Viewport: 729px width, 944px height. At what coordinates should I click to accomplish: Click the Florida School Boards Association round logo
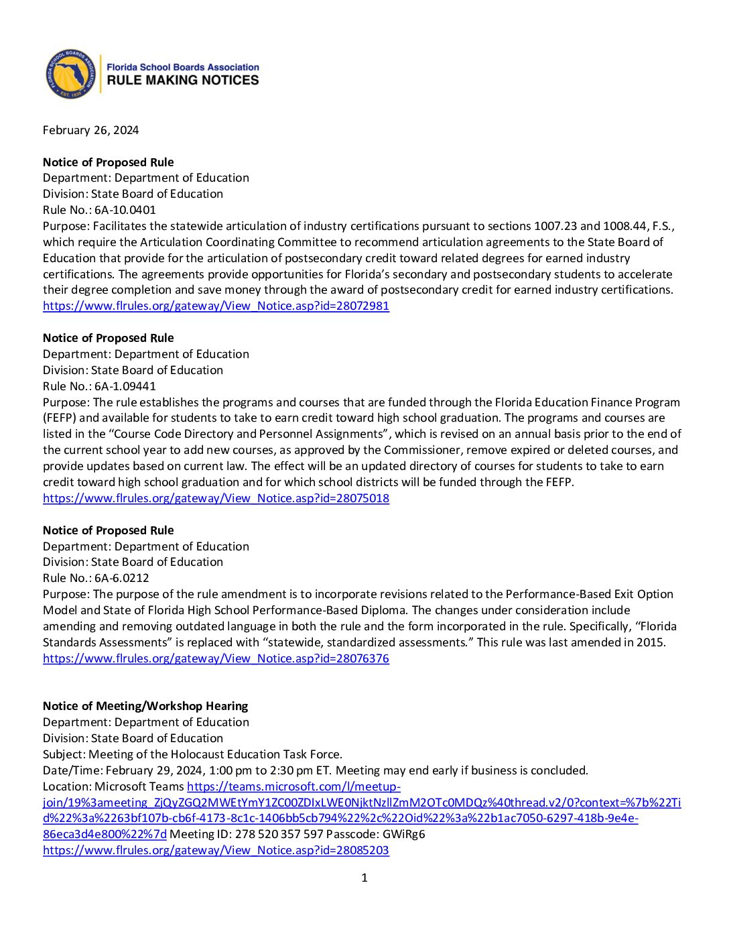(70, 74)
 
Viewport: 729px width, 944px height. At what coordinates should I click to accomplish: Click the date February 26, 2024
(90, 130)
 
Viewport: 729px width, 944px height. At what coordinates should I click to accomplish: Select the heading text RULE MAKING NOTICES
(183, 80)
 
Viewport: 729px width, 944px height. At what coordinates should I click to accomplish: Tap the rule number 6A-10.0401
(125, 210)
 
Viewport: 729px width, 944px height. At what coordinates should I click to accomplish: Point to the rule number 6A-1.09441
(125, 386)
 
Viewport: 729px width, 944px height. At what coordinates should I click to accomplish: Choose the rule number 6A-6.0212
(121, 578)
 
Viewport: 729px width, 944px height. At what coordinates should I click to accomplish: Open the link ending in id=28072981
(216, 306)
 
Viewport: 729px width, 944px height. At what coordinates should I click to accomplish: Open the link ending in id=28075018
(216, 498)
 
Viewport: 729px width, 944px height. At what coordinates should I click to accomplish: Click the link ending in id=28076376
(216, 658)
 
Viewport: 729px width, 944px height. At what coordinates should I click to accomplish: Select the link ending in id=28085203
(216, 850)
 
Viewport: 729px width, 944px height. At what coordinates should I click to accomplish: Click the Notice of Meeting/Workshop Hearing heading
(145, 706)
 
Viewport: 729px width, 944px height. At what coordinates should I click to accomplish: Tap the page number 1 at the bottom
(364, 878)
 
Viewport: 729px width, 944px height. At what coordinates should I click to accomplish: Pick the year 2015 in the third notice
(653, 642)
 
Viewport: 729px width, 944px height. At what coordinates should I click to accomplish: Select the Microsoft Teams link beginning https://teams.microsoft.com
(293, 786)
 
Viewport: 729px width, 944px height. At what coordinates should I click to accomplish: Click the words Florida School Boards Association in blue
(183, 67)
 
